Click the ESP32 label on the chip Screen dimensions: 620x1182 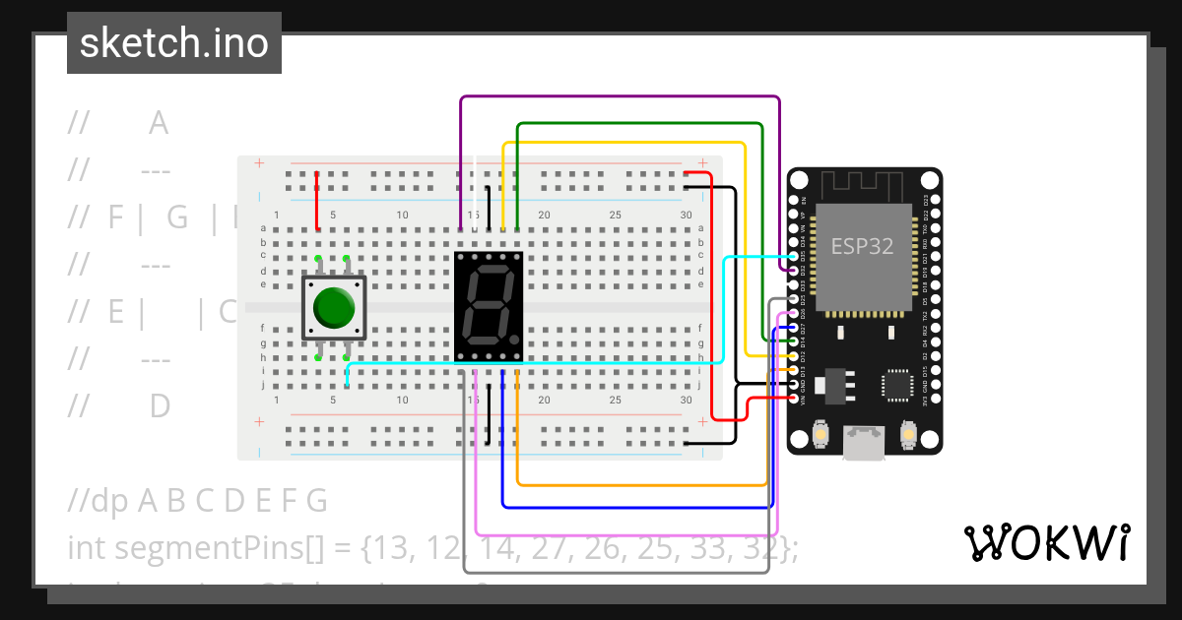(862, 245)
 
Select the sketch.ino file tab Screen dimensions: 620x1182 (174, 43)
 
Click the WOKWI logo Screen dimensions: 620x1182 (1046, 542)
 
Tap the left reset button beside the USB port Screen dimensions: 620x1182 (820, 434)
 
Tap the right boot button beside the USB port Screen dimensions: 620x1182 (908, 434)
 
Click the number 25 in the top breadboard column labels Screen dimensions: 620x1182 (615, 215)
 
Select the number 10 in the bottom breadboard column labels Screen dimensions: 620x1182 (402, 401)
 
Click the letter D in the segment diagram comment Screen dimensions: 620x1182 (160, 405)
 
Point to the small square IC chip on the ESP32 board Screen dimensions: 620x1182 (899, 385)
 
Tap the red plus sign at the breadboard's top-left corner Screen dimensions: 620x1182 (259, 163)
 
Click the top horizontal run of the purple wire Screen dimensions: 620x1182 (621, 97)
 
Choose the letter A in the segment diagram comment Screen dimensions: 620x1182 (159, 124)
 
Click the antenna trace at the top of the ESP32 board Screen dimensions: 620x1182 (863, 183)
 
